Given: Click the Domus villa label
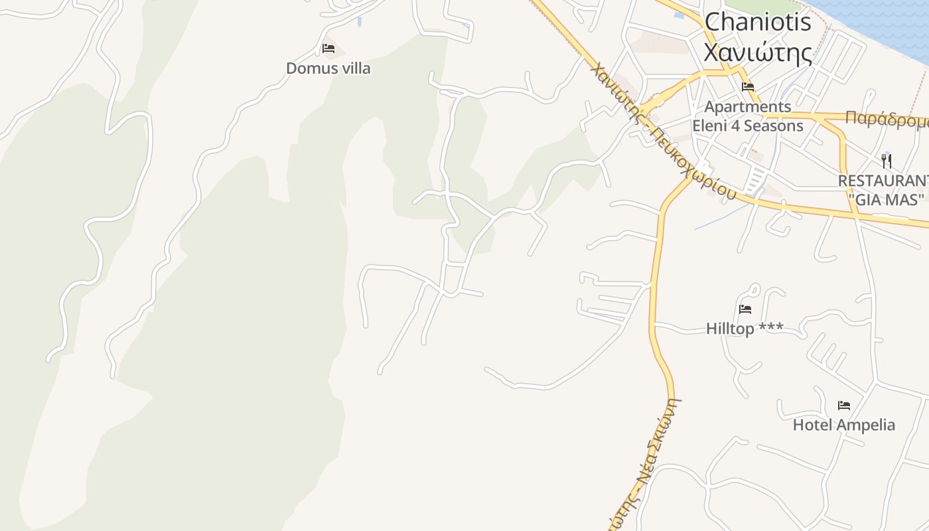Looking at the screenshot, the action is pyautogui.click(x=328, y=68).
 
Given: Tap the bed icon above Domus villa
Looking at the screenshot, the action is pyautogui.click(x=328, y=48).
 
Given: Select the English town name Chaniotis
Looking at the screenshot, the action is pyautogui.click(x=757, y=22).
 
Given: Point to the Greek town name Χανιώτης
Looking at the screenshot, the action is pyautogui.click(x=757, y=52).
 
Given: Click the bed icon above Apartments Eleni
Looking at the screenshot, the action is pyautogui.click(x=748, y=86).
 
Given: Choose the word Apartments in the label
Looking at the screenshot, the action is pyautogui.click(x=748, y=106).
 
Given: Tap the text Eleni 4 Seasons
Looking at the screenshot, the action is pyautogui.click(x=748, y=125).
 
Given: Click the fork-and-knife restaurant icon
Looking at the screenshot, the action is pyautogui.click(x=887, y=160).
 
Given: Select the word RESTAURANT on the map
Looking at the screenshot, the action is pyautogui.click(x=883, y=181).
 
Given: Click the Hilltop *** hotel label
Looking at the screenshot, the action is pyautogui.click(x=744, y=329).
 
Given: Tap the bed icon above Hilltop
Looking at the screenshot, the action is pyautogui.click(x=745, y=309).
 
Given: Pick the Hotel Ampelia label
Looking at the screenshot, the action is pyautogui.click(x=843, y=425).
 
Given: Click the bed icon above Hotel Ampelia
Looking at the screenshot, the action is pyautogui.click(x=843, y=405).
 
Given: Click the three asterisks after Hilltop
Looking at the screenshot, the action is pyautogui.click(x=771, y=328).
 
